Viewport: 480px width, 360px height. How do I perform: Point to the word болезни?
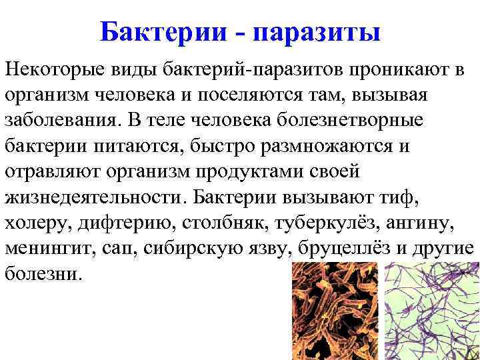coord(45,275)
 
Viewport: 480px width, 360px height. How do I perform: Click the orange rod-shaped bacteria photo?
coord(333,310)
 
